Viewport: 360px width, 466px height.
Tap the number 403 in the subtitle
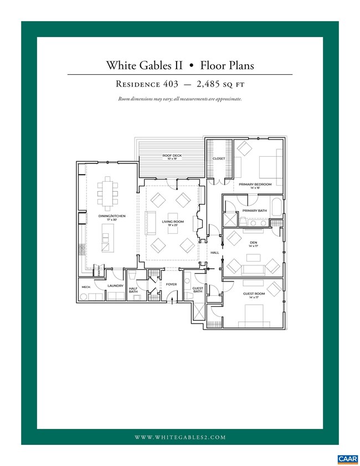pos(167,84)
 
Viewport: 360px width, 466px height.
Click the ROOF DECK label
pos(172,156)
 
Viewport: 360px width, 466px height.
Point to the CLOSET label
pos(219,158)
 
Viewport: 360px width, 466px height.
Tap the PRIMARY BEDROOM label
pos(255,184)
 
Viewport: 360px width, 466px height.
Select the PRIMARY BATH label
pos(254,211)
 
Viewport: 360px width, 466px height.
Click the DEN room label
pos(253,242)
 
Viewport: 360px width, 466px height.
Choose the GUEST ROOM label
pos(254,294)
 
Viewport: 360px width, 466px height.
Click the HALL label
pos(215,253)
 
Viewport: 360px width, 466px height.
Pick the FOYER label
pos(172,284)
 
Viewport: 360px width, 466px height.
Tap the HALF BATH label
pos(133,290)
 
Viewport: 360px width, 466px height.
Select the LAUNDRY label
pos(115,285)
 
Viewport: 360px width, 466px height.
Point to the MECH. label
pos(86,286)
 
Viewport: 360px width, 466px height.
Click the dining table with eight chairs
pos(107,191)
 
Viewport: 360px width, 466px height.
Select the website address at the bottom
pos(180,437)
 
